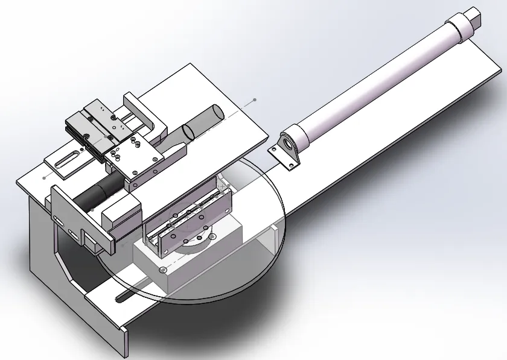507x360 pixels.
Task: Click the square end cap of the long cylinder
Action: pos(474,16)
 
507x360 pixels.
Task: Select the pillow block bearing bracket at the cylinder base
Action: pos(287,151)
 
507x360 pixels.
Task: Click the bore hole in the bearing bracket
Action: pos(289,145)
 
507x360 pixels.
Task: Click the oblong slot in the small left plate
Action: pos(67,159)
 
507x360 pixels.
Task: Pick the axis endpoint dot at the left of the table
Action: pos(46,178)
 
